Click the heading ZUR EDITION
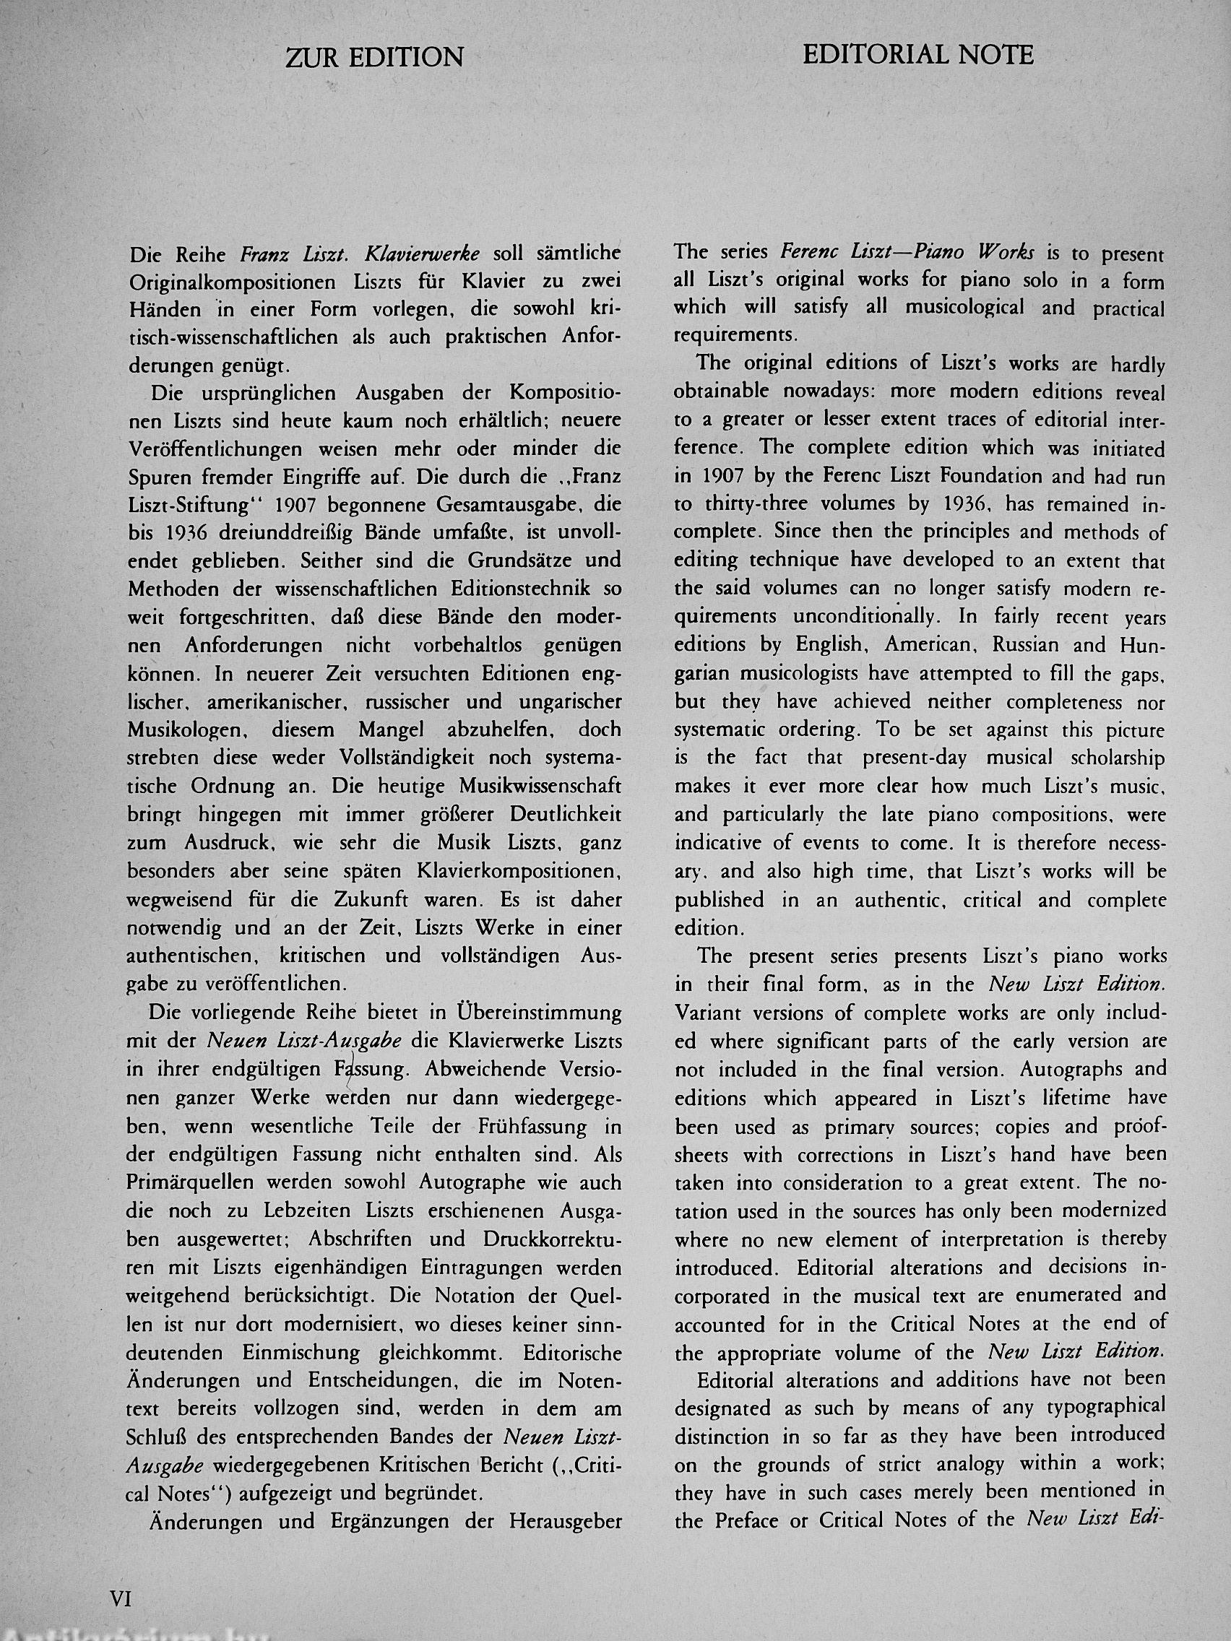pyautogui.click(x=374, y=58)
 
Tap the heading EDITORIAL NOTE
pyautogui.click(x=918, y=55)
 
